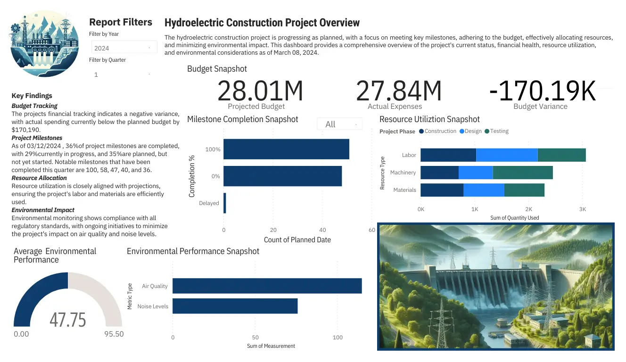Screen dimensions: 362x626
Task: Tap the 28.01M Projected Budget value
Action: pyautogui.click(x=260, y=91)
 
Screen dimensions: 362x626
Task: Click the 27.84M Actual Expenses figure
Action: pyautogui.click(x=399, y=91)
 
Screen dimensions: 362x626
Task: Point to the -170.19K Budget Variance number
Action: pyautogui.click(x=542, y=91)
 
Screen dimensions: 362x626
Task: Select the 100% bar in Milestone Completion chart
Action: pyautogui.click(x=286, y=149)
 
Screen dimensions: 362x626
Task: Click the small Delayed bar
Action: pyautogui.click(x=225, y=203)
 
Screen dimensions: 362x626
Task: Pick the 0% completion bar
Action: pyautogui.click(x=282, y=176)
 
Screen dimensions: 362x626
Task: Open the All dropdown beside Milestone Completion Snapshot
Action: pyautogui.click(x=340, y=124)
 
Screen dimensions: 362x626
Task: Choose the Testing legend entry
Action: pyautogui.click(x=499, y=131)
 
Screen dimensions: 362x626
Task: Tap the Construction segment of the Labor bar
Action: pyautogui.click(x=448, y=155)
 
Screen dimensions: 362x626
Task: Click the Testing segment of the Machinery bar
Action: pyautogui.click(x=522, y=173)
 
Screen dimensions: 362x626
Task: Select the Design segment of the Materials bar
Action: pyautogui.click(x=484, y=190)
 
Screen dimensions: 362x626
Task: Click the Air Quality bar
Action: pyautogui.click(x=267, y=286)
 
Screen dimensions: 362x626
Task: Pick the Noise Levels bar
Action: pyautogui.click(x=235, y=306)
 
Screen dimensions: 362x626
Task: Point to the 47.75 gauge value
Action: pyautogui.click(x=68, y=320)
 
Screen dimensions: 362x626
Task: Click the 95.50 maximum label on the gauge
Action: pyautogui.click(x=113, y=334)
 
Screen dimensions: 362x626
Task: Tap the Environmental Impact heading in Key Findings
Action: pyautogui.click(x=43, y=210)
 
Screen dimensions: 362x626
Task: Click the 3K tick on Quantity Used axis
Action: pyautogui.click(x=583, y=209)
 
